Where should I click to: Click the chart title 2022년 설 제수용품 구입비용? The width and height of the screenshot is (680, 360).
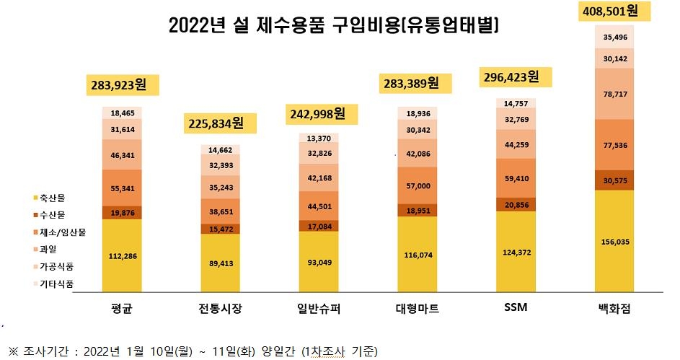(334, 26)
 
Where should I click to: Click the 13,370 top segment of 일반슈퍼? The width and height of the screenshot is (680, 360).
(319, 139)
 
